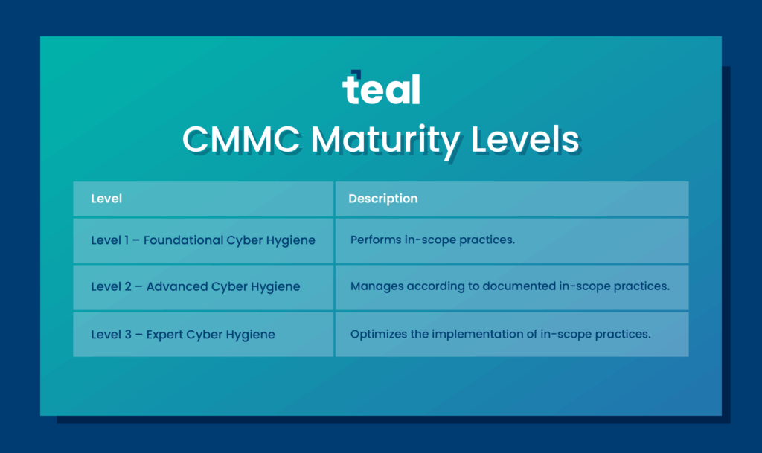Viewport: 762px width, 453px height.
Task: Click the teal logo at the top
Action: click(381, 89)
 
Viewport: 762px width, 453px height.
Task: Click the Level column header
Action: click(106, 199)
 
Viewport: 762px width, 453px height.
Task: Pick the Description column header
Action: click(382, 199)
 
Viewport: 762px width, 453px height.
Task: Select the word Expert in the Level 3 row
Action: click(164, 334)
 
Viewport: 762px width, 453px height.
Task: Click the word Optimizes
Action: click(379, 334)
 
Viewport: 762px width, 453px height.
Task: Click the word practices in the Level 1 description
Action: click(487, 240)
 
